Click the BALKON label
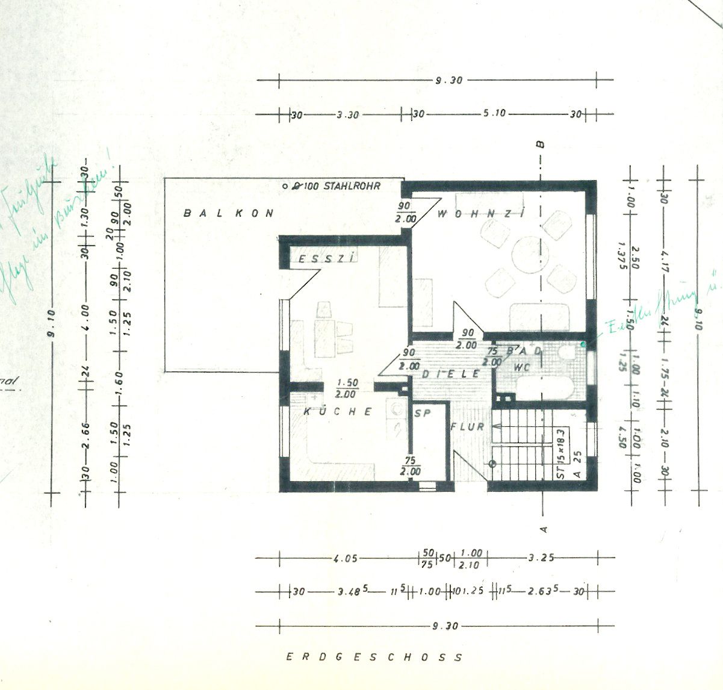pos(229,213)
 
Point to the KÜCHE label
pos(338,412)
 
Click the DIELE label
pos(451,374)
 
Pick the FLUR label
pos(468,427)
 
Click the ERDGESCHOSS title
pos(374,657)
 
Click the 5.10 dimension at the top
pos(495,114)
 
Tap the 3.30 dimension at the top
pos(347,114)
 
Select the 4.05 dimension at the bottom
pos(345,558)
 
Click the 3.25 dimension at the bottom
pos(541,558)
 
